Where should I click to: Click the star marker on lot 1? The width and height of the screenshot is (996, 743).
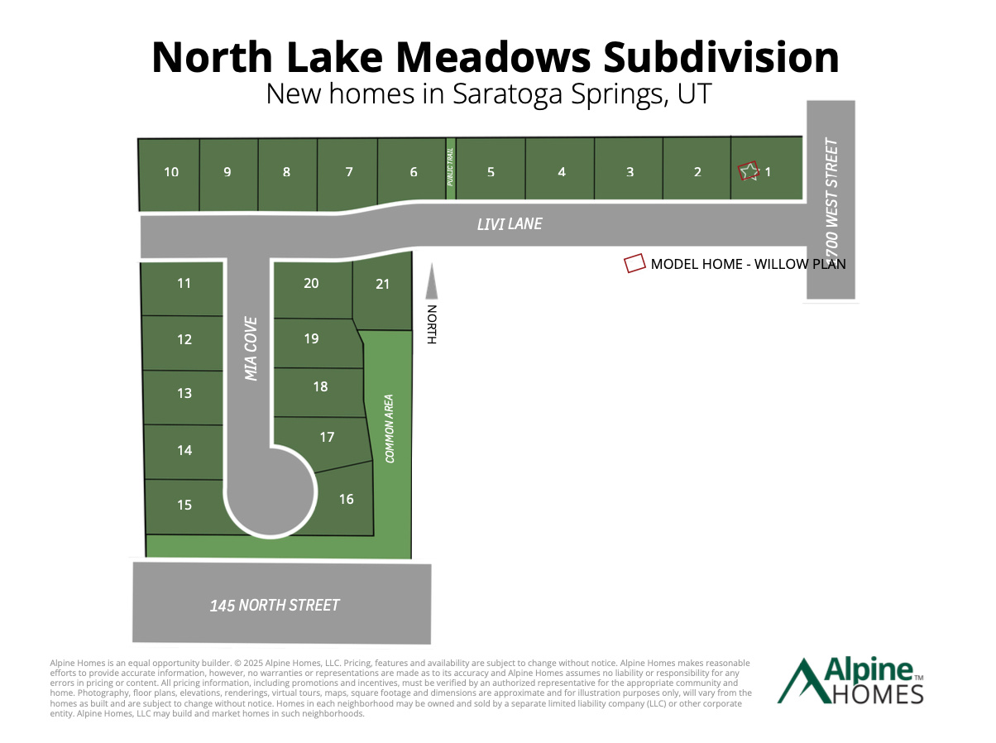(x=749, y=171)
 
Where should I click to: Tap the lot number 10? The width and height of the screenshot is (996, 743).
(x=171, y=172)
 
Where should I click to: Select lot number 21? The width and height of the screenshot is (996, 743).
(x=382, y=284)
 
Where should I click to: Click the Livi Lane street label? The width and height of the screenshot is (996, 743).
(x=510, y=224)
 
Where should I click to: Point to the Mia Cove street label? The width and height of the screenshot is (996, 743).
(x=251, y=348)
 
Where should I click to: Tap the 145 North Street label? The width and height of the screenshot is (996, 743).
(x=275, y=606)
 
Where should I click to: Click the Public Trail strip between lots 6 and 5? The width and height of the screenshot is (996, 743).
(x=451, y=169)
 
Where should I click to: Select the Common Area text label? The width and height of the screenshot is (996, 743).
(x=389, y=428)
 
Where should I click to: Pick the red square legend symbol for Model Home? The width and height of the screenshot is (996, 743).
(x=634, y=263)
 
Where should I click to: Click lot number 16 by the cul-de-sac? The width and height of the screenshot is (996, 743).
(x=346, y=499)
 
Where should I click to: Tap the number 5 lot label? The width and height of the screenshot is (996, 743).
(x=491, y=172)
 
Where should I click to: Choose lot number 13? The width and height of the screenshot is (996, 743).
(x=184, y=393)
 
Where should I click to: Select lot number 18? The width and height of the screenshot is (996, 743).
(x=320, y=386)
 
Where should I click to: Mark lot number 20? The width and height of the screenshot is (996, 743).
(x=311, y=283)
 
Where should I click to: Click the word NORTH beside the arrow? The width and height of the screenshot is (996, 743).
(x=431, y=324)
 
